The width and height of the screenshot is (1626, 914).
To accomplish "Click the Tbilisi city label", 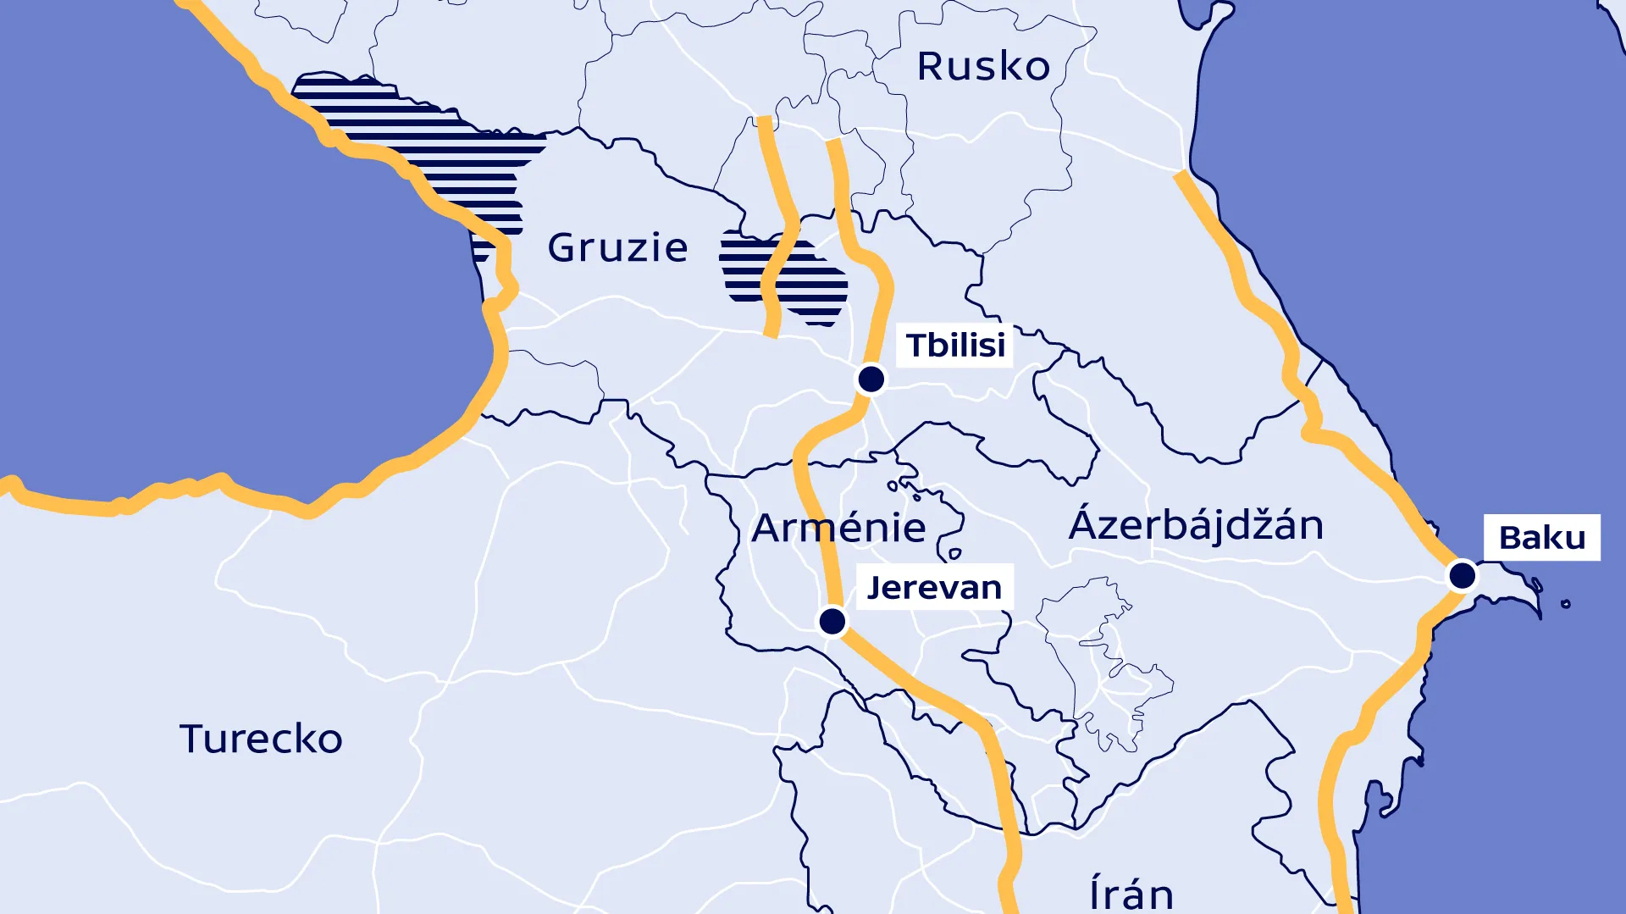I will click(955, 345).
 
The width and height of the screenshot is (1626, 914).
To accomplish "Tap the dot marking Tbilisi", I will click(871, 379).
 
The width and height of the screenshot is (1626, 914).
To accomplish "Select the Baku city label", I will click(1541, 537).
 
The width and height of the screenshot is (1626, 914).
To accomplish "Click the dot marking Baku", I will click(1462, 576).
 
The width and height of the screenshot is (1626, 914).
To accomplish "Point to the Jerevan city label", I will click(934, 587).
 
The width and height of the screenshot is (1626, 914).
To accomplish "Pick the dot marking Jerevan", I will click(832, 621).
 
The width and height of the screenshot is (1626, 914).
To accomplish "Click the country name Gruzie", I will click(617, 247).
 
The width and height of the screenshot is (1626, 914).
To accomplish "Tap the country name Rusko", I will click(983, 66).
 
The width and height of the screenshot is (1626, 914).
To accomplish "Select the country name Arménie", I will click(838, 528).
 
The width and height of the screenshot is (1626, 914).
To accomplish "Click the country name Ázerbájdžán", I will click(1196, 524).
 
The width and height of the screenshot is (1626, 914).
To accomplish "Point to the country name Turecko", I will click(261, 739).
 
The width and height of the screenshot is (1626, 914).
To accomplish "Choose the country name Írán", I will click(1131, 894).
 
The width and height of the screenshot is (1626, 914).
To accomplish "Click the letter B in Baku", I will click(1512, 538).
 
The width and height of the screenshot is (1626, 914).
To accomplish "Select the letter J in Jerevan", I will click(877, 588).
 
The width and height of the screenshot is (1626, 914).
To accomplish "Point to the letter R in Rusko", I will click(932, 66).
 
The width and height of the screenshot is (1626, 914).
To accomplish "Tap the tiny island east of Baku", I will click(1566, 604).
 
